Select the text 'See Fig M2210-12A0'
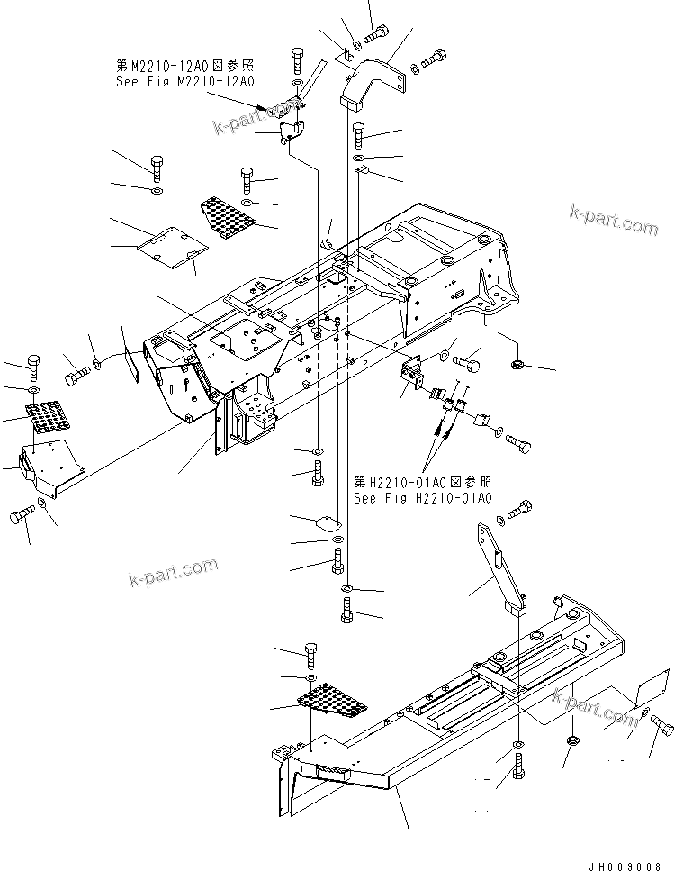point(184,81)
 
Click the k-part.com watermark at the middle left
point(173,570)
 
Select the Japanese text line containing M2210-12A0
point(184,66)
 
